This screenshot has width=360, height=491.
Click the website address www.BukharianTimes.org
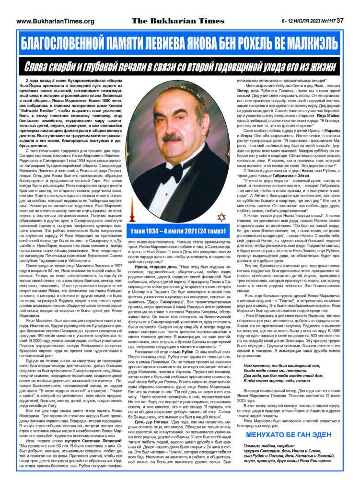coord(55,21)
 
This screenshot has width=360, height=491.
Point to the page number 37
coord(340,21)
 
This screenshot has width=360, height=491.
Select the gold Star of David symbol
coord(221,218)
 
